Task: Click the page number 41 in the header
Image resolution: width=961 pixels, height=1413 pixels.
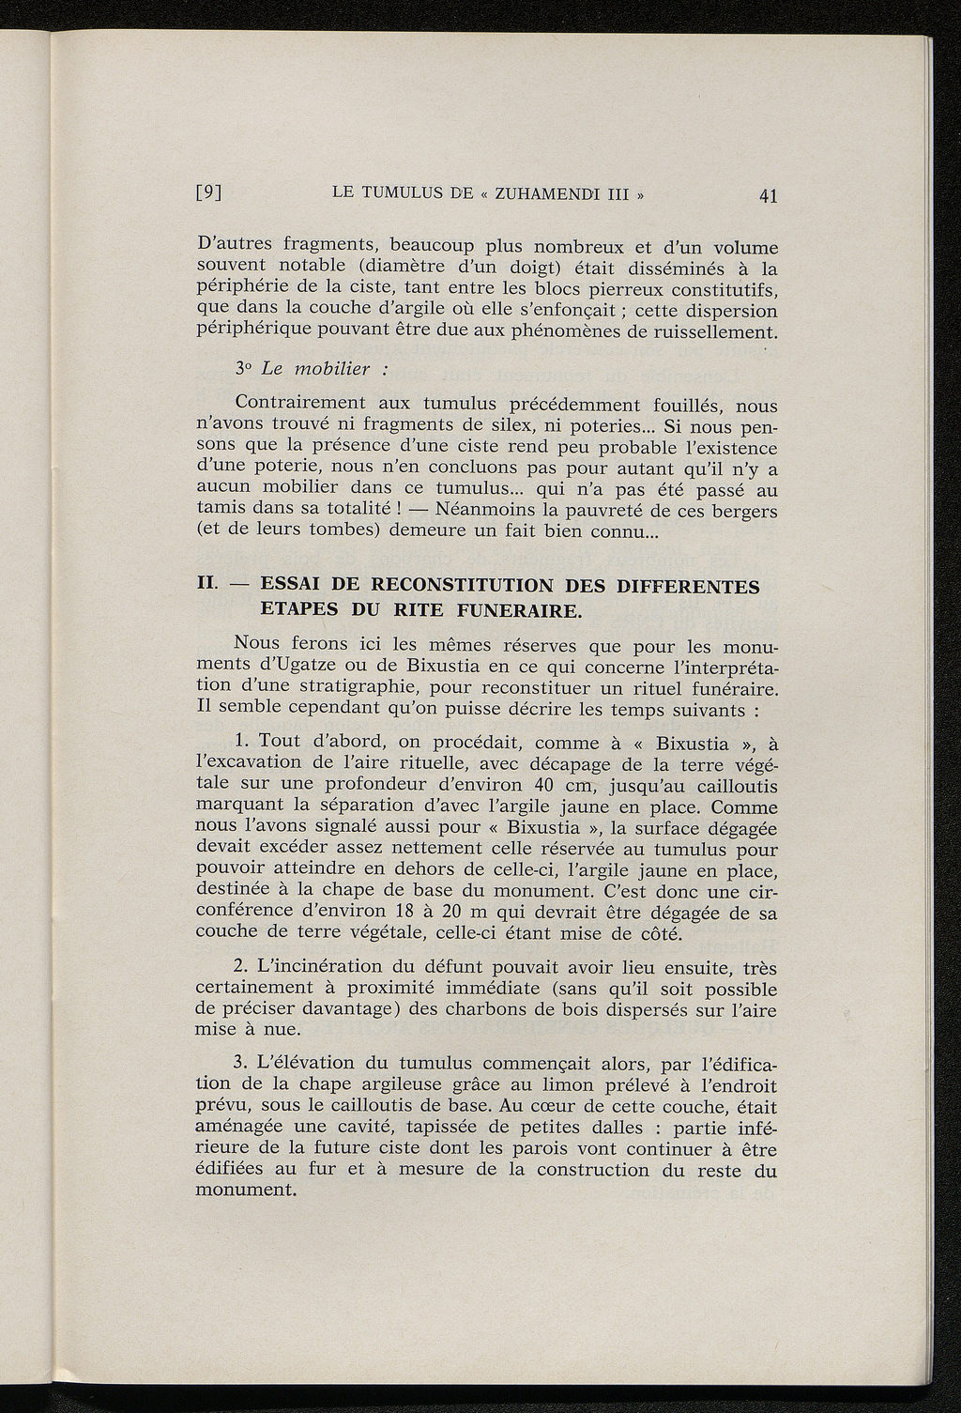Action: coord(769,196)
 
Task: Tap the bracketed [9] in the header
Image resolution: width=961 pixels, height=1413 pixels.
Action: coord(208,195)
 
